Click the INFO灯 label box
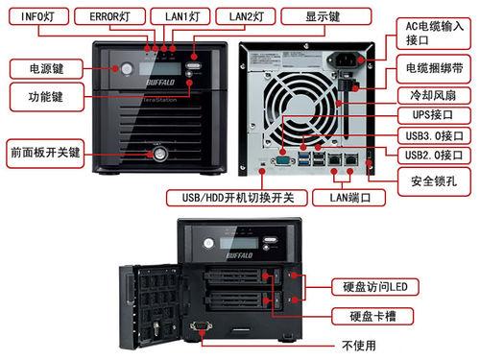[38, 16]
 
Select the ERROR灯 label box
[109, 16]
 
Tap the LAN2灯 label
[246, 16]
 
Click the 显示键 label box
[326, 16]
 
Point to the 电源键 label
[46, 69]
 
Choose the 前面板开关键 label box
[45, 154]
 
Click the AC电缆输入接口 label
[434, 34]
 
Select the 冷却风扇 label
[434, 95]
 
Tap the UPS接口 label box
[434, 115]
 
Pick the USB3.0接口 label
[434, 135]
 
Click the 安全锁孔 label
[434, 181]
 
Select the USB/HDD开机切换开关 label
[237, 198]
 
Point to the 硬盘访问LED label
[375, 287]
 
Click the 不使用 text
[359, 346]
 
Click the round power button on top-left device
[127, 68]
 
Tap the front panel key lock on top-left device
[159, 154]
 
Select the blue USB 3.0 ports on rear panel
[303, 159]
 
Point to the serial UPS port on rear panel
[282, 160]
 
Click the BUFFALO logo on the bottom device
[239, 255]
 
